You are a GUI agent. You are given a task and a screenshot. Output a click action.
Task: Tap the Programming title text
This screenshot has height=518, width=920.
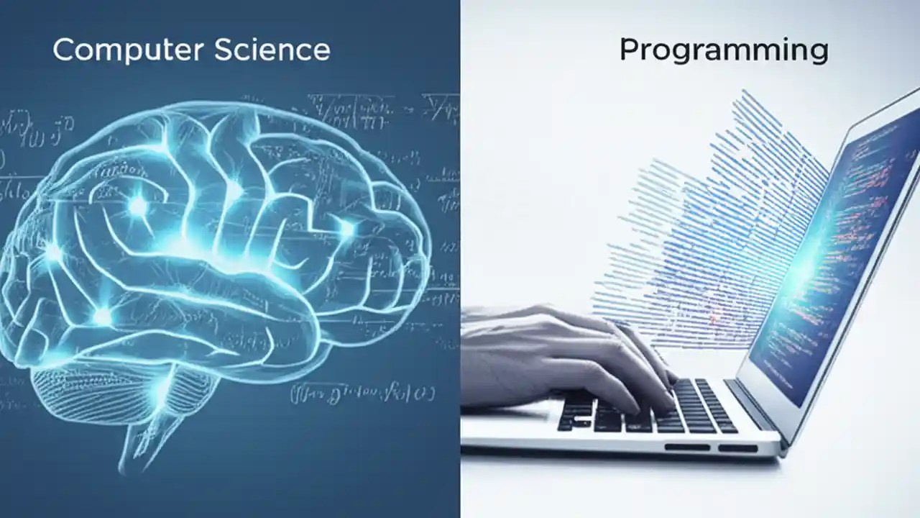tap(723, 51)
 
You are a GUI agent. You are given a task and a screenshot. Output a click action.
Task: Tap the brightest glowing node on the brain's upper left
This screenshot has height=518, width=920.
tap(138, 207)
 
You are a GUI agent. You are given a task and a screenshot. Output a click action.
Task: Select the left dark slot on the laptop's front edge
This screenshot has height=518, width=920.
tap(686, 447)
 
